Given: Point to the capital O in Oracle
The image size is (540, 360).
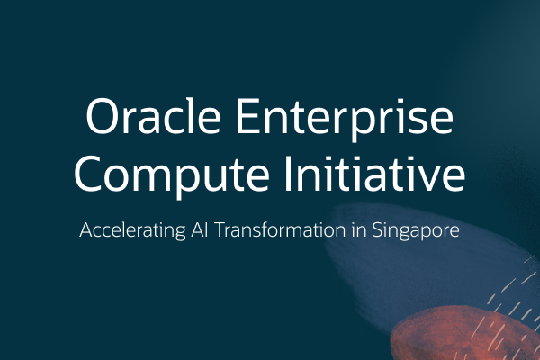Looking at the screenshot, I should point(102,120).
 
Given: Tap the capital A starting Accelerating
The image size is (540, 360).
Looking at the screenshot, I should point(86,230).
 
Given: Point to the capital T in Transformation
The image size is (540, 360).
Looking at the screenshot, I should point(213,230).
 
